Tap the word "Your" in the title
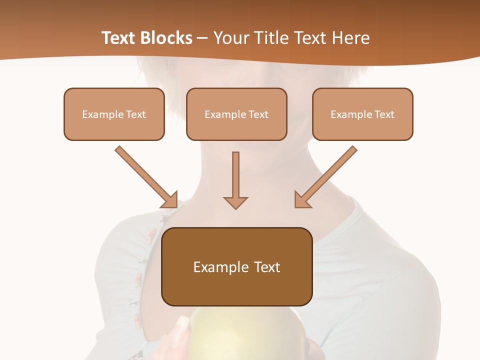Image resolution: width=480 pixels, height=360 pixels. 231,38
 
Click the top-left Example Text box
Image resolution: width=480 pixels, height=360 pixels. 114,114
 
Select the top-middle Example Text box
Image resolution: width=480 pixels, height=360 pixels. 236,114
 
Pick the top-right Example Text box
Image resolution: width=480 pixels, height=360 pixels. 362,114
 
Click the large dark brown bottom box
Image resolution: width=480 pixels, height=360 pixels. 236,266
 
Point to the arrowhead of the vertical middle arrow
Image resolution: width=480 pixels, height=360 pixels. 235,202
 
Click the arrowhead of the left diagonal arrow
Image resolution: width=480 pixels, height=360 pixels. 170,200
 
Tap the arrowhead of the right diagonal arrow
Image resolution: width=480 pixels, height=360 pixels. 301,200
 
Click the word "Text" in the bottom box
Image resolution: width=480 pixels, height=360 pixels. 267,267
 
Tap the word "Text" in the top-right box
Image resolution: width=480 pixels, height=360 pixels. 384,114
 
